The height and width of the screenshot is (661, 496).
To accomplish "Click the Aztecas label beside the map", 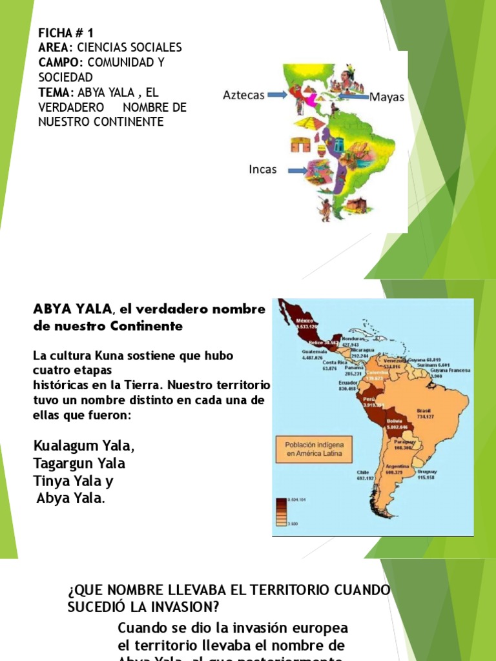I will (x=243, y=95).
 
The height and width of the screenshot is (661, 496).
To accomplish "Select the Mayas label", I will (x=387, y=97).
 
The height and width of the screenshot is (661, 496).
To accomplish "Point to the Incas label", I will (x=263, y=170).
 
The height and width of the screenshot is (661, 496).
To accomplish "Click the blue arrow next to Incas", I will (x=298, y=170).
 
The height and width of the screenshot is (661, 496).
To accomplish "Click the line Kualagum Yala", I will (x=84, y=446).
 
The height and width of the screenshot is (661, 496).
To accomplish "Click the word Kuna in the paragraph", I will (x=96, y=356).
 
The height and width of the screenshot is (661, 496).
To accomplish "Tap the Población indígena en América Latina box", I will (x=315, y=449).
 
